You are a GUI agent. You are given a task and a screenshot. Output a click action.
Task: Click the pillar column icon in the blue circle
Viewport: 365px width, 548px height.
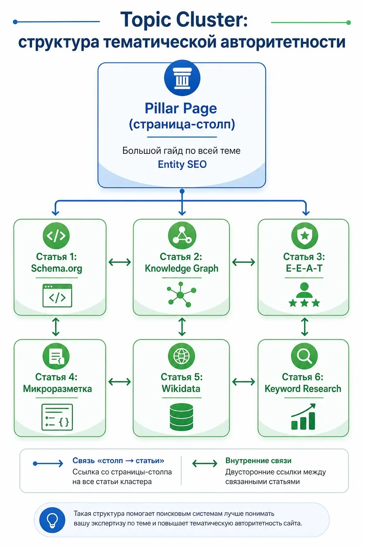[182, 78]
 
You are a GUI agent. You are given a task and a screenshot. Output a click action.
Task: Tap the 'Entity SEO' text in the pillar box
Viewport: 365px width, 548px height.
[182, 164]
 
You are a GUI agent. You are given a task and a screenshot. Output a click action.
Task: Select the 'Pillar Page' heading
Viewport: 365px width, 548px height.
[181, 108]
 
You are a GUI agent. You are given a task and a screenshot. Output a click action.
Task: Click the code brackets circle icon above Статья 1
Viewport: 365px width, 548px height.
[56, 235]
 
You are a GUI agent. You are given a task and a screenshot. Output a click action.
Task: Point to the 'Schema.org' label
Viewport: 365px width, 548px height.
[56, 268]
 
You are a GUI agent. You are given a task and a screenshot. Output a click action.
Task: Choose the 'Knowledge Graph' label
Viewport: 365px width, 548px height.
[181, 268]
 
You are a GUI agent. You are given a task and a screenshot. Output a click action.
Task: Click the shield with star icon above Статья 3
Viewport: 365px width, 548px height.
[305, 235]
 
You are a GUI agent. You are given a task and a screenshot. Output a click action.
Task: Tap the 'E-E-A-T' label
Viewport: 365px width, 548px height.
[304, 268]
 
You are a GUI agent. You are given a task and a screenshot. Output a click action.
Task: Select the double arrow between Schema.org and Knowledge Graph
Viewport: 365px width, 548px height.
[120, 262]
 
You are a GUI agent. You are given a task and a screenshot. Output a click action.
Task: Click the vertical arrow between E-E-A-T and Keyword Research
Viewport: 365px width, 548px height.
[304, 326]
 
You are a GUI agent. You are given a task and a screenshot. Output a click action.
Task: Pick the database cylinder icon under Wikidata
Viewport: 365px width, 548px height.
[181, 417]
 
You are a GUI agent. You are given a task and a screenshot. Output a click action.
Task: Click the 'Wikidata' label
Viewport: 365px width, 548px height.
[181, 389]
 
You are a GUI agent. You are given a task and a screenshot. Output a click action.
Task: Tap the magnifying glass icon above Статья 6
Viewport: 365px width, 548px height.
[304, 356]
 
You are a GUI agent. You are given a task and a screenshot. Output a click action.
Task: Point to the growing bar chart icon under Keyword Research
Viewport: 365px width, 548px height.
[303, 417]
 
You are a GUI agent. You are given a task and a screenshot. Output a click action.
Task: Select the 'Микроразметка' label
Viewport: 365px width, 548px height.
[57, 389]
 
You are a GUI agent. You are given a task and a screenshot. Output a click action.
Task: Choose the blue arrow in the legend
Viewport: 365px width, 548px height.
[48, 463]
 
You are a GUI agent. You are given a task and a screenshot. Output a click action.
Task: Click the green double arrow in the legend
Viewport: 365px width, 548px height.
[205, 463]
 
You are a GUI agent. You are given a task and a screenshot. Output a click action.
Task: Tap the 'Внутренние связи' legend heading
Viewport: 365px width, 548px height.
[258, 461]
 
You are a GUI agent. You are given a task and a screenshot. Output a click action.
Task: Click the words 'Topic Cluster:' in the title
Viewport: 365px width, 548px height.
[184, 19]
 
